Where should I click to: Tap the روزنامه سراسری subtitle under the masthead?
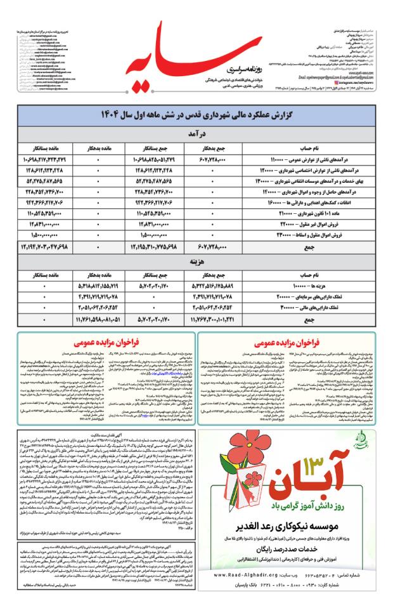[221, 63]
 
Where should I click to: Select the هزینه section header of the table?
[196, 260]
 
